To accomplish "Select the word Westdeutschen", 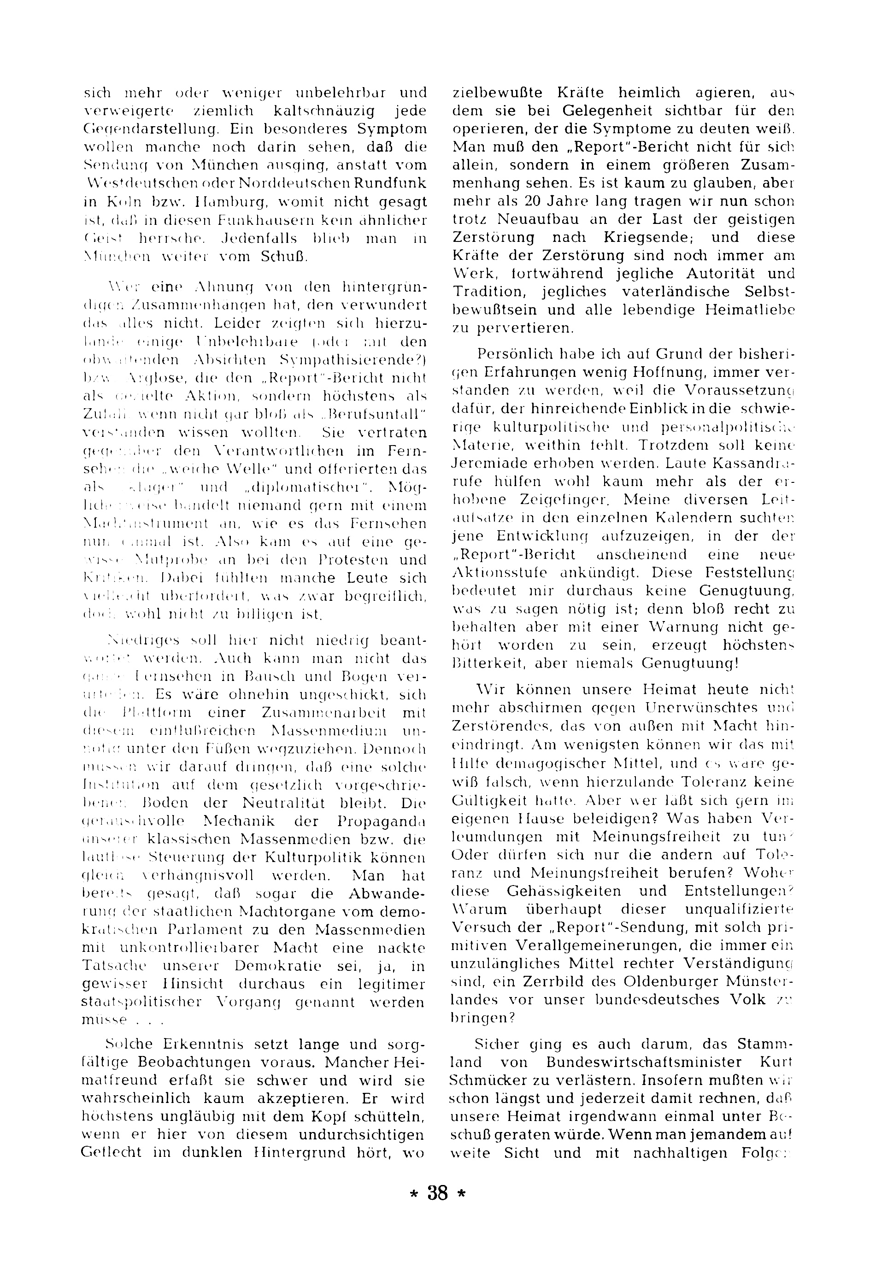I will click(135, 183).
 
